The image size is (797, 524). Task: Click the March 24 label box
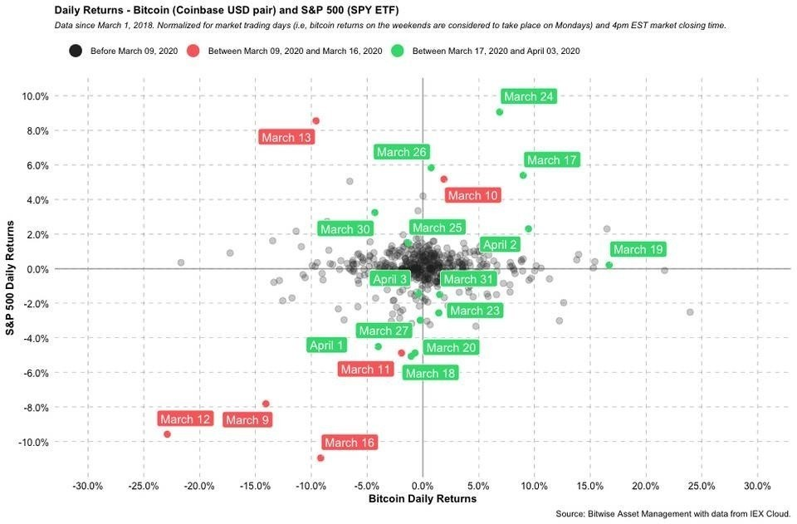(529, 96)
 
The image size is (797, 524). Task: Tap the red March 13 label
(286, 137)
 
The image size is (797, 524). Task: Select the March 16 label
(350, 443)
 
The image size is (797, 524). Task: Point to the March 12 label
(185, 419)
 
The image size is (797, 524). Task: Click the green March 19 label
(638, 250)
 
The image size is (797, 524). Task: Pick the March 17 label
(551, 160)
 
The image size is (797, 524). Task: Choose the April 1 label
(327, 345)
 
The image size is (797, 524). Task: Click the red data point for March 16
(320, 458)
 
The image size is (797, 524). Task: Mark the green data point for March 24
(499, 112)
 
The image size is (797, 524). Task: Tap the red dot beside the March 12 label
(167, 434)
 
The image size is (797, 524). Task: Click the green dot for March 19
(609, 265)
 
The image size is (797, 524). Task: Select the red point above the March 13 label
(315, 121)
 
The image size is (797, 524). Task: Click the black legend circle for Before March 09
(76, 51)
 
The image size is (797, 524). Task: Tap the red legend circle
(193, 51)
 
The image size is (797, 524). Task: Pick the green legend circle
(398, 51)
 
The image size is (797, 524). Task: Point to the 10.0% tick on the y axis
(35, 96)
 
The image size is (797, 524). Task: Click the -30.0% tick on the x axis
(88, 486)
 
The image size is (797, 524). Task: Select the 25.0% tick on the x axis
(702, 486)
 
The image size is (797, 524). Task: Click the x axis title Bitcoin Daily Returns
(423, 498)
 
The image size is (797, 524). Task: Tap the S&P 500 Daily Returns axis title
(10, 277)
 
